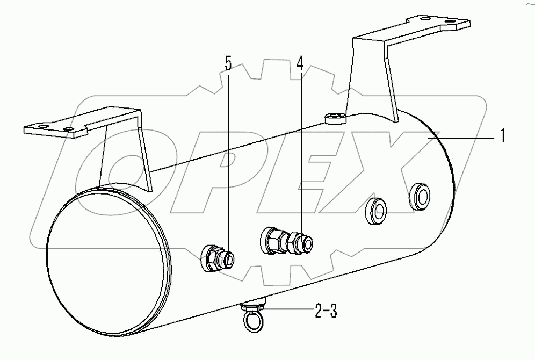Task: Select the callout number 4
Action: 300,63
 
